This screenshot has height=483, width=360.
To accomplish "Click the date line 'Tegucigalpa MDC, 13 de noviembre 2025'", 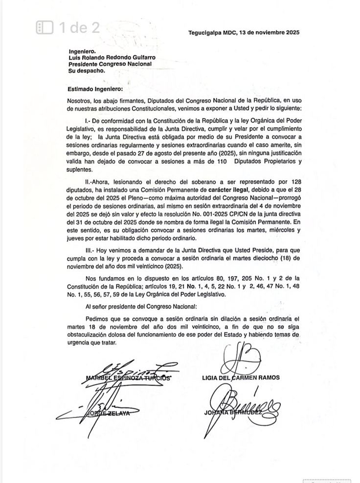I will [243, 33].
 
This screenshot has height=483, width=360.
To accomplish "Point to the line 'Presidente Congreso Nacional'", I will [110, 64].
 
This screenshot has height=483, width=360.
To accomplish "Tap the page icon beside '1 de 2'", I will [45, 27].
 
